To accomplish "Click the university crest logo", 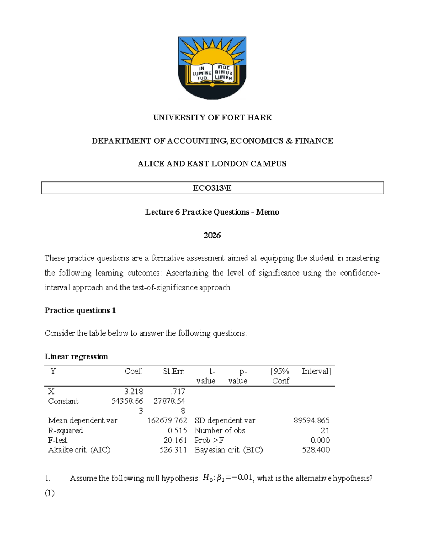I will pos(212,68).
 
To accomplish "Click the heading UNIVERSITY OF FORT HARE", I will pos(212,117).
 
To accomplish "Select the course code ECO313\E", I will pos(212,188).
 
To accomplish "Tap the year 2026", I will pos(212,235).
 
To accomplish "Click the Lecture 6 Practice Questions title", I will pos(212,212).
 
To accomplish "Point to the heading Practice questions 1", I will pos(80,310).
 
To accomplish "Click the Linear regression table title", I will pos(76,356).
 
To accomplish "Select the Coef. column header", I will pos(133,372).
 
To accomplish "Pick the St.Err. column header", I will pos(173,372).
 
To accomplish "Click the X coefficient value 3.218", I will pos(133,392).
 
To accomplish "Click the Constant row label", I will pos(63,401).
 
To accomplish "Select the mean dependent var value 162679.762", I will pos(167,421).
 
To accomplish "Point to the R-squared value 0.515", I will pos(177,430).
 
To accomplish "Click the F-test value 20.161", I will pos(175,440).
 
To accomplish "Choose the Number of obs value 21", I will pos(325,430).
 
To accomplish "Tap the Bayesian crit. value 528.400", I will pos(316,450).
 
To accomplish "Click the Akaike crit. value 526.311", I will pos(173,450).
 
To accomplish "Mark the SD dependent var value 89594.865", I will pos(311,421).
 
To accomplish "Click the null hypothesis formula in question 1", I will pos(227,478).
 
